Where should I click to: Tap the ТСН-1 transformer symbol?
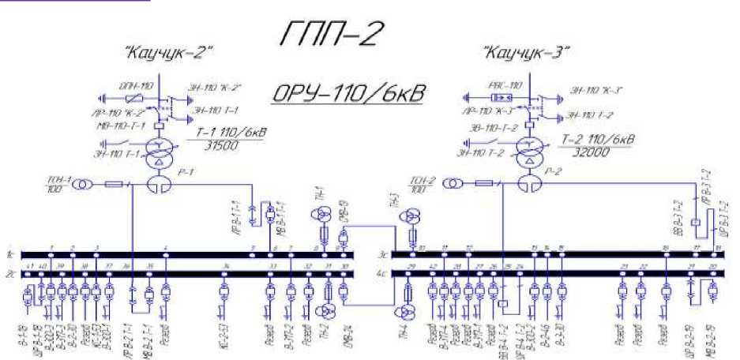81,185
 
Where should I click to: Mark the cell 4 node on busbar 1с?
166,255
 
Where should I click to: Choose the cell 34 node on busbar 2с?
226,274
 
